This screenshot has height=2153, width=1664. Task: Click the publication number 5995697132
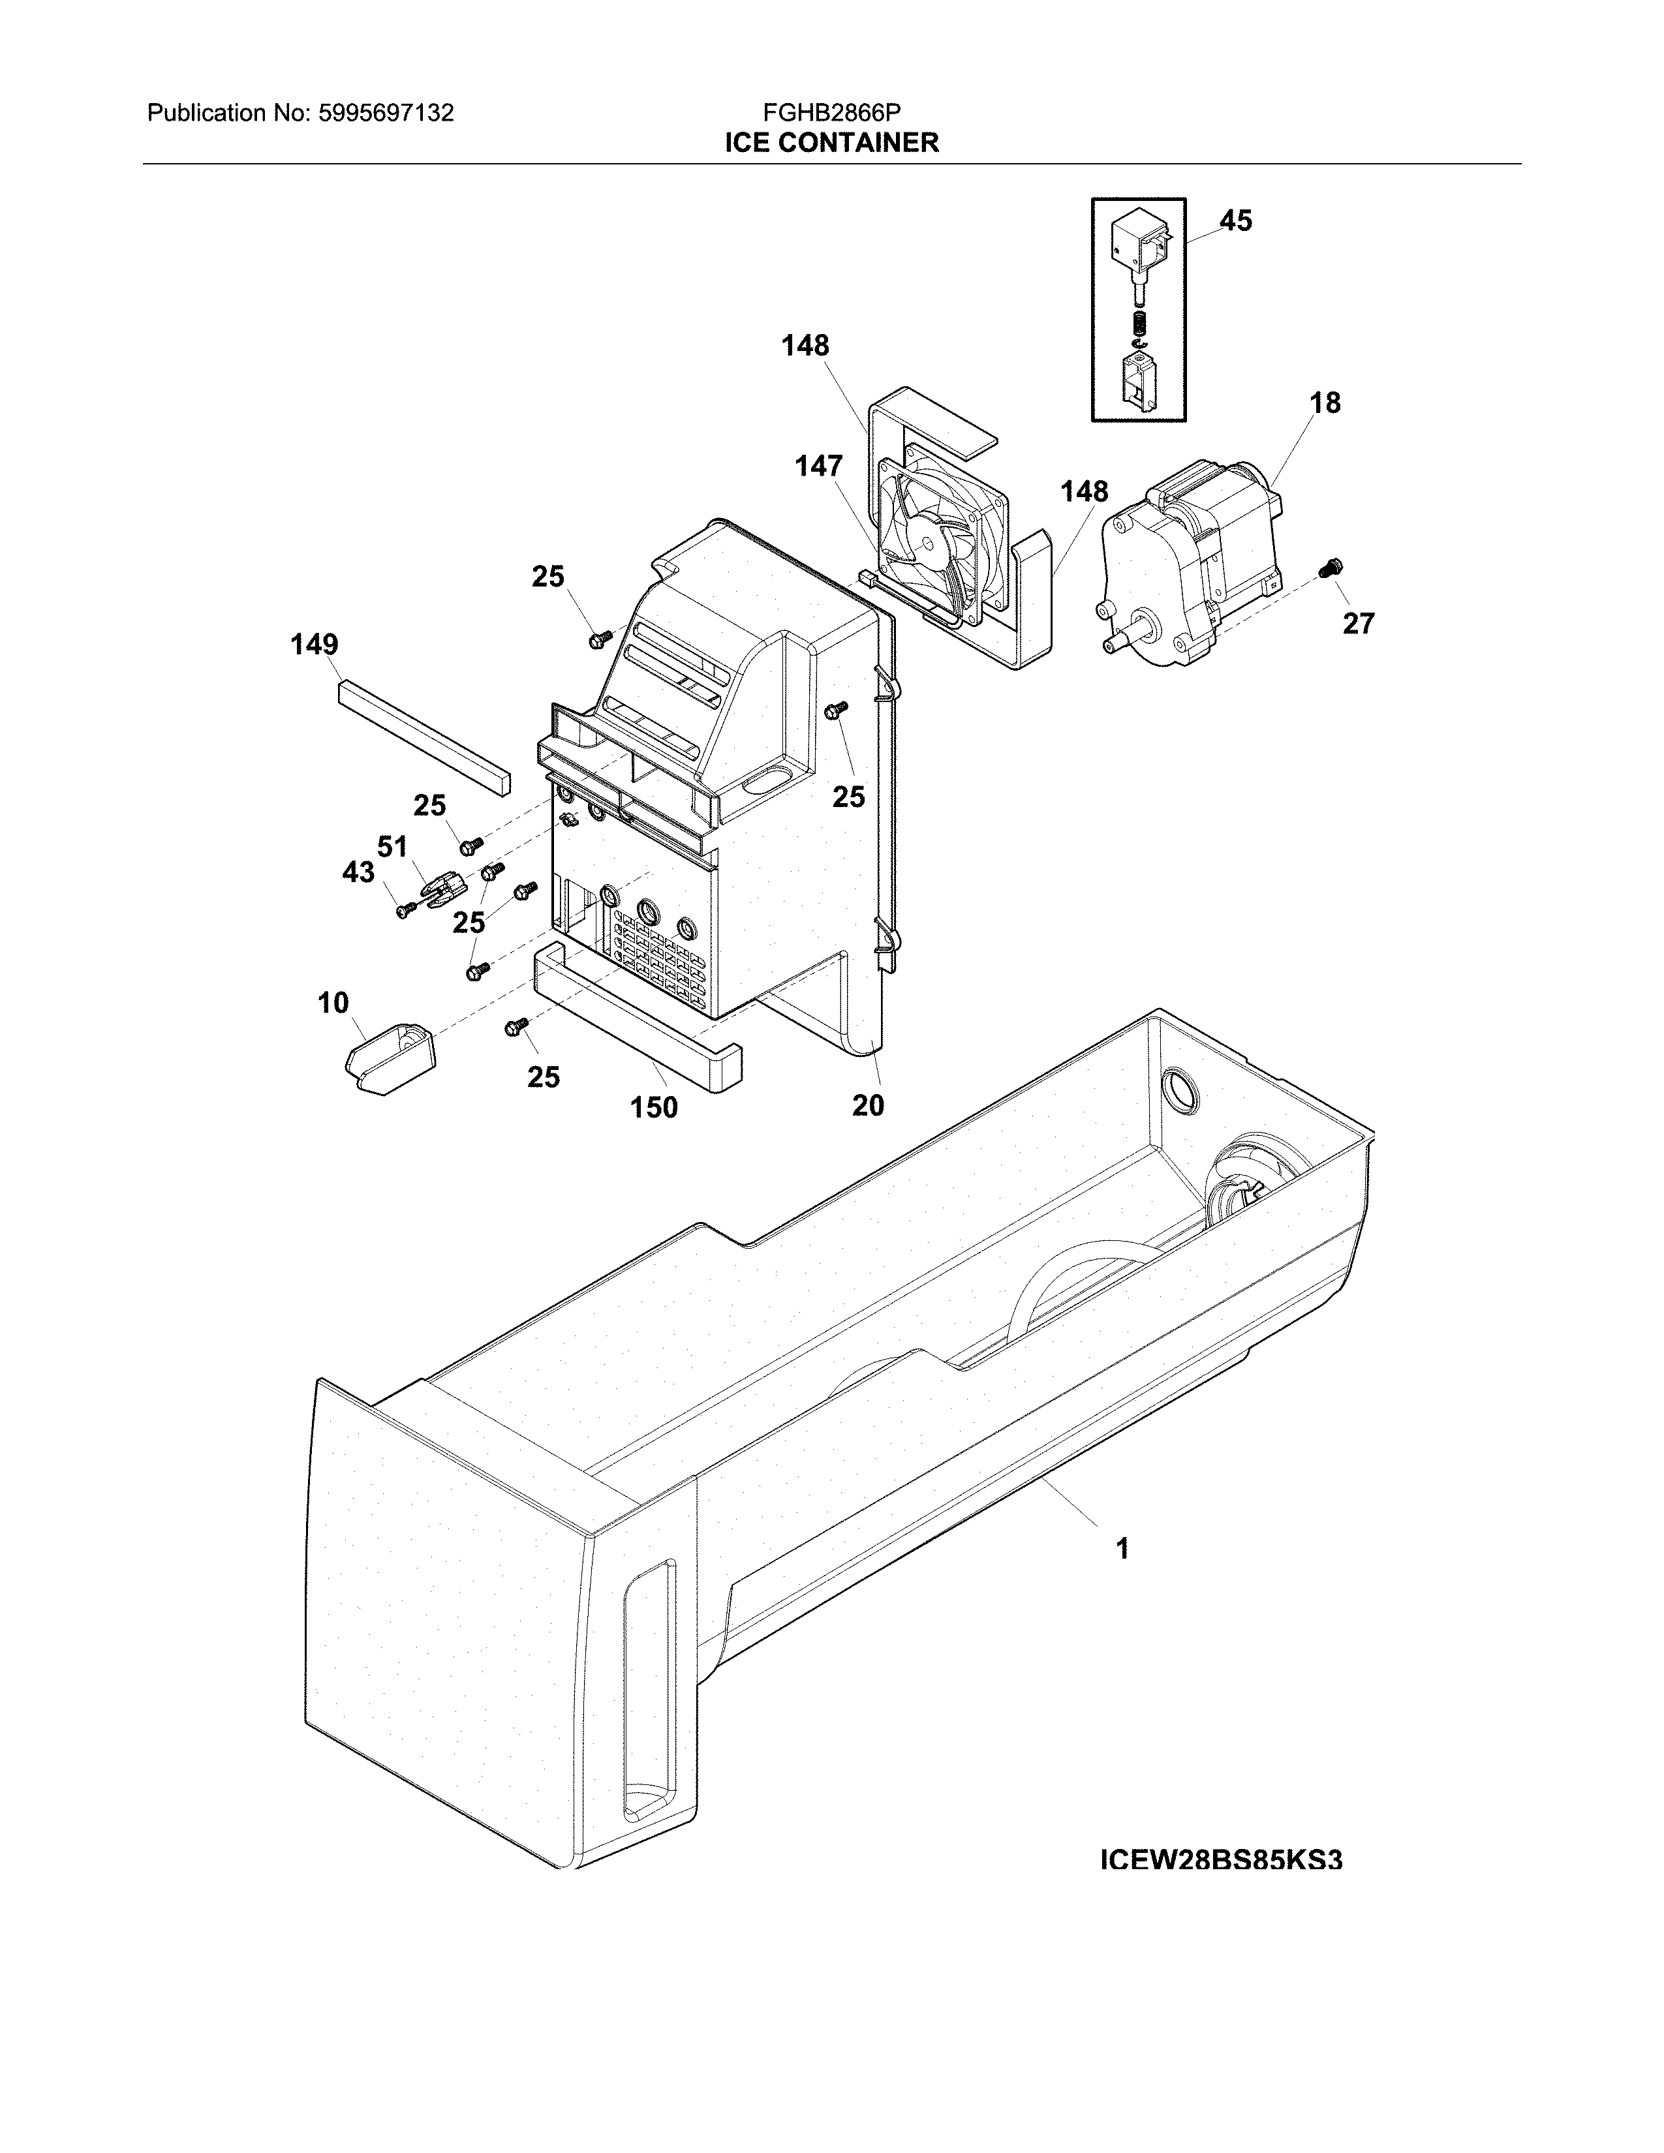[386, 114]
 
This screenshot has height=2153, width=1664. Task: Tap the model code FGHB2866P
[831, 114]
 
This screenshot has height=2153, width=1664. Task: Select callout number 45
[1235, 221]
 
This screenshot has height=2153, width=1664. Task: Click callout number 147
[819, 466]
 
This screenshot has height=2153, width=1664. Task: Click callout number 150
[655, 1107]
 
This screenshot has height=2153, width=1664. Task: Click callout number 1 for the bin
[1122, 1549]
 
